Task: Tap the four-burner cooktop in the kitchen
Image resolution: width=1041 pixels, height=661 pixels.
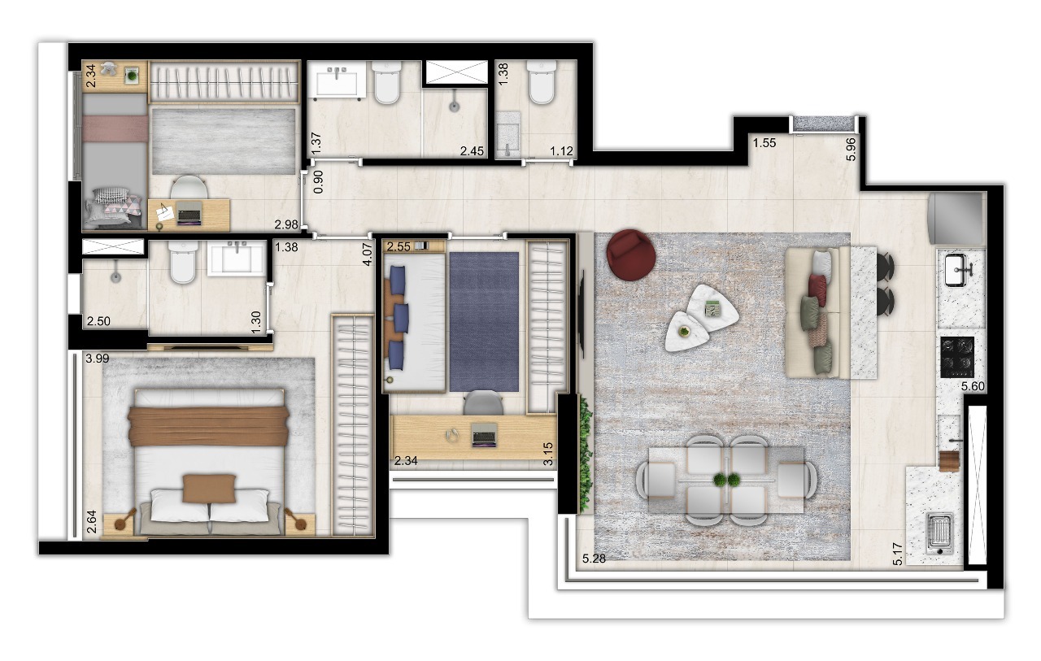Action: [x=957, y=356]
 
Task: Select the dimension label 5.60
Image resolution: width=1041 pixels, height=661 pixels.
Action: [x=973, y=387]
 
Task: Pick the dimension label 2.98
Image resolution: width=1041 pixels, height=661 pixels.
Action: [x=287, y=224]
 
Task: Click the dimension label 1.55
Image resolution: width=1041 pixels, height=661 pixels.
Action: [x=764, y=143]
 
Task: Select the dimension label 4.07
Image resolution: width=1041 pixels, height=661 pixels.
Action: [x=367, y=253]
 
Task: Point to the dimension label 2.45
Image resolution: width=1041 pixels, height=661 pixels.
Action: [x=472, y=150]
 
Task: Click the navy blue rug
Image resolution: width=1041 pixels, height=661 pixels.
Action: [x=484, y=320]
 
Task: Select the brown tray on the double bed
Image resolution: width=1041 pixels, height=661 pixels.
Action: [x=209, y=487]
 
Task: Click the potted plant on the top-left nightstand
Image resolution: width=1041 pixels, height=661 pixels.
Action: [x=132, y=76]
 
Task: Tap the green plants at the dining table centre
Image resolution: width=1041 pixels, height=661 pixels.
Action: [x=727, y=480]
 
